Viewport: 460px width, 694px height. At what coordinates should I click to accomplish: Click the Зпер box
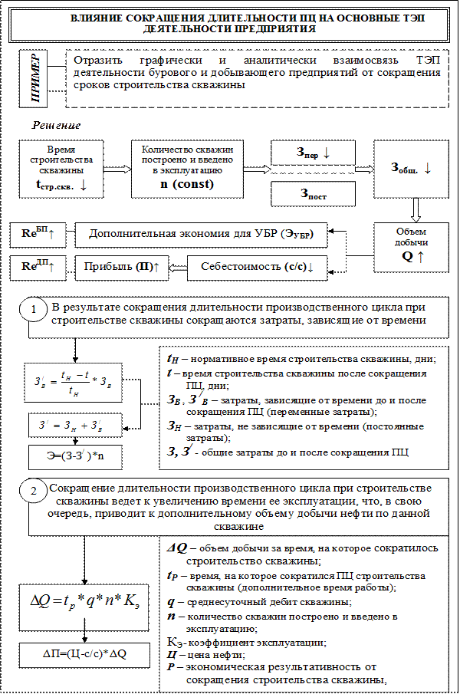coord(313,152)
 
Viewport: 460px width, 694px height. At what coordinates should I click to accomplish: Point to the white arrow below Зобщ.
coord(415,209)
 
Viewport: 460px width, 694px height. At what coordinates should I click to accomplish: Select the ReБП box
coord(38,234)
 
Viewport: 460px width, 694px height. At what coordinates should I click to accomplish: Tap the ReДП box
coord(38,266)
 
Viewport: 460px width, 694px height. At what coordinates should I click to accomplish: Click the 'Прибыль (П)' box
coord(121,267)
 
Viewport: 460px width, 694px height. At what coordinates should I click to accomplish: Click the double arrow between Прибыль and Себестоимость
coord(177,268)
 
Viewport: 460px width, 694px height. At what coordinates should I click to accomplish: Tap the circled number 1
coord(34,310)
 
